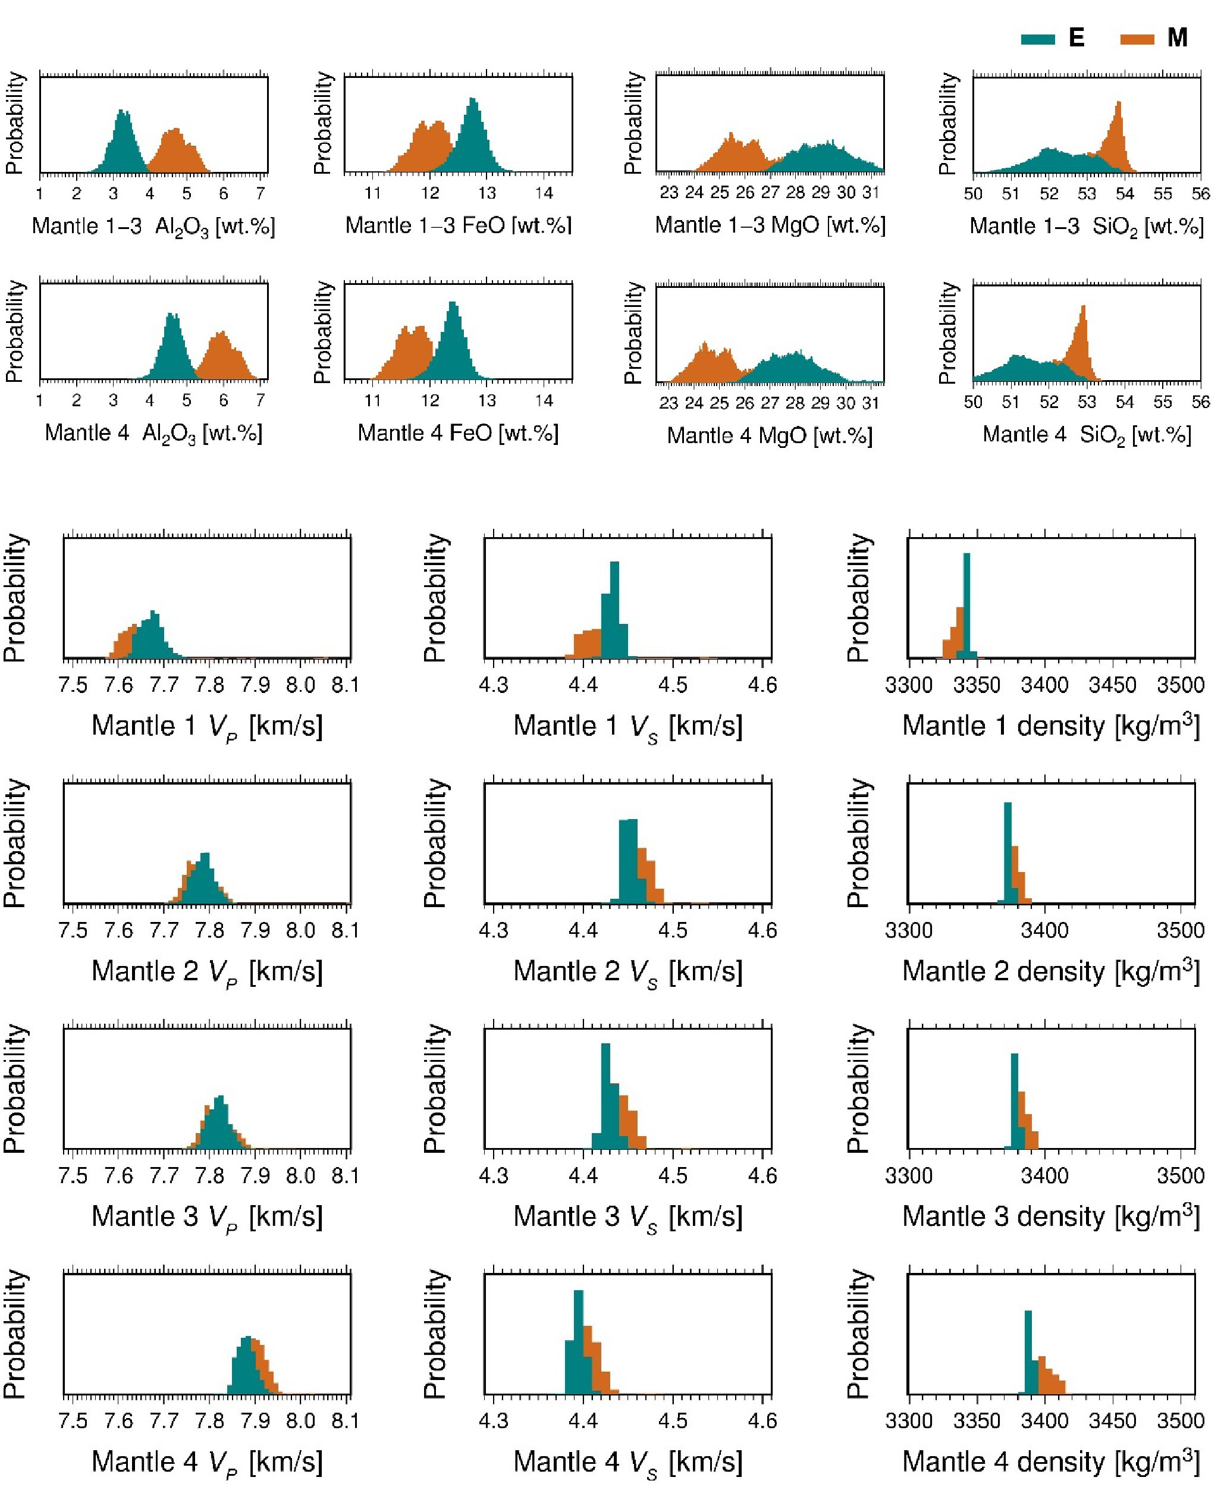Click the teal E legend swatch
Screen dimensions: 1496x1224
pos(1037,39)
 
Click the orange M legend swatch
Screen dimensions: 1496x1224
pos(1137,39)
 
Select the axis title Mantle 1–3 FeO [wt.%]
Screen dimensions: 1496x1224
pos(459,225)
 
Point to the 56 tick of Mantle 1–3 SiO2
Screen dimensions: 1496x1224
pos(1200,194)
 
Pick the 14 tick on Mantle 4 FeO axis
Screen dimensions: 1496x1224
pos(544,400)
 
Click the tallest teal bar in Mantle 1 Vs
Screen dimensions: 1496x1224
pos(614,610)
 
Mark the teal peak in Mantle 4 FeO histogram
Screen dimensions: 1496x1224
pos(453,305)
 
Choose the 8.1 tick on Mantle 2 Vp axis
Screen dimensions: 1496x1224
pos(346,930)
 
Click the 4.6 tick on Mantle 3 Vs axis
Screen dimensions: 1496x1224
pos(762,1176)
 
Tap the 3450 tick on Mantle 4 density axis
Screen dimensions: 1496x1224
pos(1112,1420)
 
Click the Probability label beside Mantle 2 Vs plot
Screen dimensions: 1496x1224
pos(434,843)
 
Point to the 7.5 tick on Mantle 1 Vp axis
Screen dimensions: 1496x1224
pos(73,685)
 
